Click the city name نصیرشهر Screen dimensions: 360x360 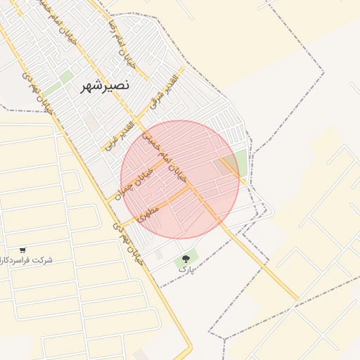tap(105, 85)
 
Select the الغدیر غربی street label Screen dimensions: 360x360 tap(122, 133)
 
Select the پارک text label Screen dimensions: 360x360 tap(184, 269)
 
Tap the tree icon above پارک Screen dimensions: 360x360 tap(186, 259)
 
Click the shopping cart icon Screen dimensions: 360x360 tap(22, 250)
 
